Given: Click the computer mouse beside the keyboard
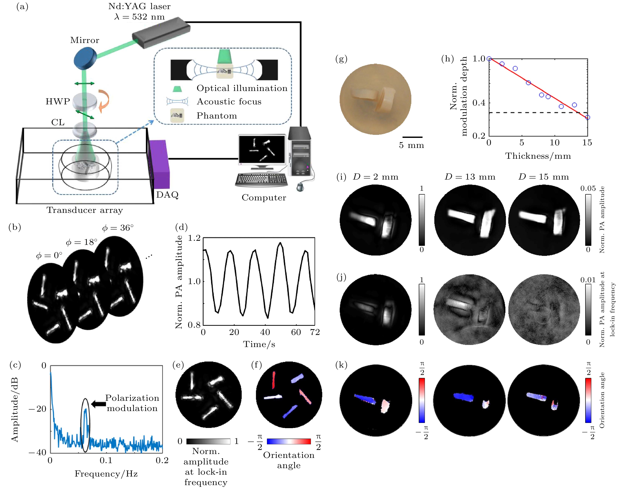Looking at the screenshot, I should pos(300,187).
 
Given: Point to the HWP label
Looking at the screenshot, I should pos(58,102).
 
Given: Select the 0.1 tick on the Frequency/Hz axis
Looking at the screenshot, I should pos(106,461).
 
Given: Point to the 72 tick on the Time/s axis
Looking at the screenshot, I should pos(315,332).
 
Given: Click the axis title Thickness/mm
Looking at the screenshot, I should pos(538,156).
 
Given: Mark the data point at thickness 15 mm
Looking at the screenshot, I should pos(587,117).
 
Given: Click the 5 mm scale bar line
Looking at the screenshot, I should pos(412,137).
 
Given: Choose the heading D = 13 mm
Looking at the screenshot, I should pos(470,177).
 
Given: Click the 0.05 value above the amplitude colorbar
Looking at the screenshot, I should pos(588,188).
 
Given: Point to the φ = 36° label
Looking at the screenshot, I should pos(118,228).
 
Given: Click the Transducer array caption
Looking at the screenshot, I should pos(85,210).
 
